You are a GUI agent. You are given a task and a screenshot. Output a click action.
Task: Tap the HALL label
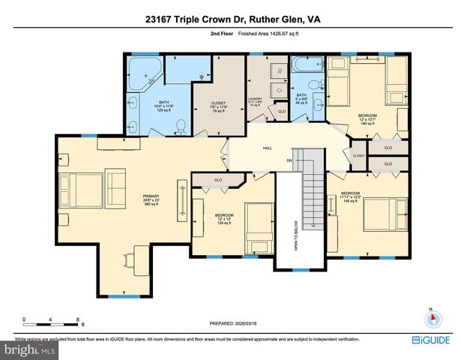click(x=266, y=148)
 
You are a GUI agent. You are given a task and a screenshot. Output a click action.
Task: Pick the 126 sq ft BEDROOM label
click(x=226, y=218)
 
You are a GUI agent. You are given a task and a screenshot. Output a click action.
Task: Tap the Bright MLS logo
click(x=29, y=349)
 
